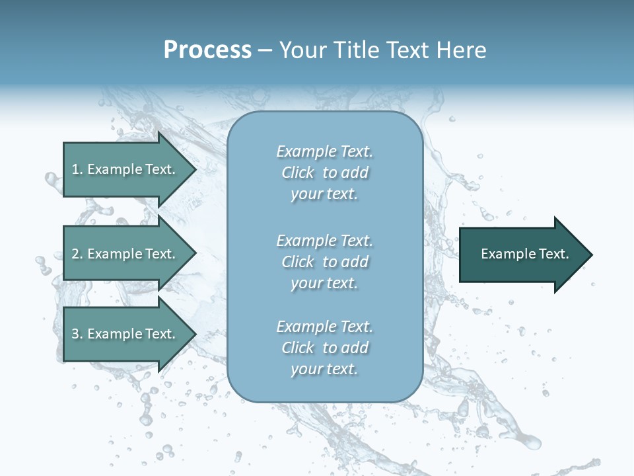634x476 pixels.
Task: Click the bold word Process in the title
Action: pyautogui.click(x=207, y=50)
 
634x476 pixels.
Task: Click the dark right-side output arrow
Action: pyautogui.click(x=522, y=255)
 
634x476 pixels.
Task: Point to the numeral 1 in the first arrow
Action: pyautogui.click(x=75, y=169)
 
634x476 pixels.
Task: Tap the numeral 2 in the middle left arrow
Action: pyautogui.click(x=76, y=254)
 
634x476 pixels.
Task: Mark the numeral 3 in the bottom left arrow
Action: pyautogui.click(x=76, y=334)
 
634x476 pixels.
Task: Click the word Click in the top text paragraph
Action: pyautogui.click(x=297, y=173)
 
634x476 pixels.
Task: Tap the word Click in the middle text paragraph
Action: pyautogui.click(x=297, y=262)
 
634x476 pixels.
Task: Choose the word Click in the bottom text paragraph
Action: pyautogui.click(x=297, y=348)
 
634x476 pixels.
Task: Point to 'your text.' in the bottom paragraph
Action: pyautogui.click(x=324, y=370)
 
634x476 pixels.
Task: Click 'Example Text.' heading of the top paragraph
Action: pyautogui.click(x=324, y=152)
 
